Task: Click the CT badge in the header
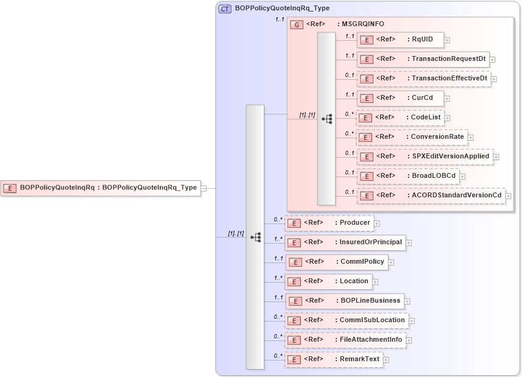[x=225, y=9]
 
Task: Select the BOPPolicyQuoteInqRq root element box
[x=102, y=188]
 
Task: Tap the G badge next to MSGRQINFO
[x=297, y=24]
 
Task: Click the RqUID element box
[x=400, y=40]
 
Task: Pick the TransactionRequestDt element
[x=423, y=59]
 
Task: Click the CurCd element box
[x=400, y=98]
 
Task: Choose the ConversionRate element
[x=412, y=137]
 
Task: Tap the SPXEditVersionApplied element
[x=425, y=157]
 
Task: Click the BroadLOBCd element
[x=407, y=176]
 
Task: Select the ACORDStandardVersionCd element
[x=431, y=196]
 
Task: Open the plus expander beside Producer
[x=377, y=223]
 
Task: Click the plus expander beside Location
[x=375, y=281]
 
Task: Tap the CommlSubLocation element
[x=346, y=320]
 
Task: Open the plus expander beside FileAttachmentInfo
[x=409, y=340]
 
